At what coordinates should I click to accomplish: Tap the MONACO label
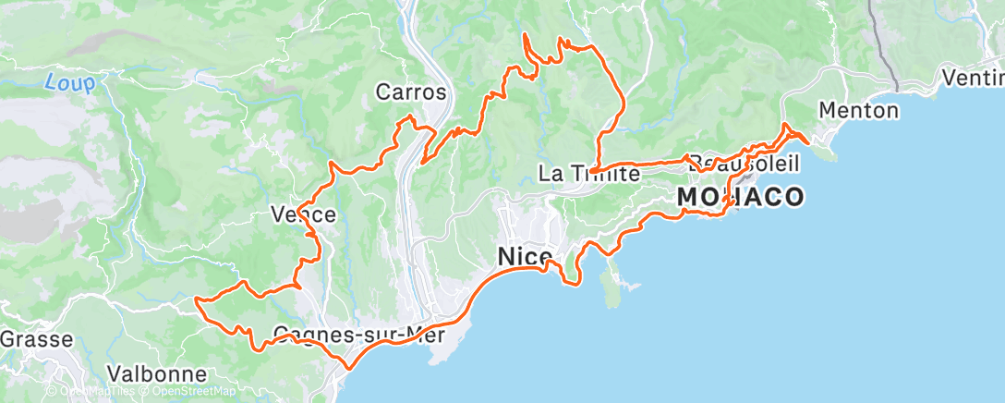(739, 196)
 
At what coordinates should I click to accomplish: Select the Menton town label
(859, 111)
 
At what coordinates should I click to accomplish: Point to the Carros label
(411, 92)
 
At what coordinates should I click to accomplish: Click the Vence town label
(303, 214)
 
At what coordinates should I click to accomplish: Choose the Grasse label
(35, 339)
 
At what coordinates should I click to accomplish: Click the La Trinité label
(589, 173)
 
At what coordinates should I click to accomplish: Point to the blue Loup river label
(69, 83)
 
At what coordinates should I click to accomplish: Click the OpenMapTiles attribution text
(92, 391)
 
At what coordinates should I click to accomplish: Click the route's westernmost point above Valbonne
(197, 299)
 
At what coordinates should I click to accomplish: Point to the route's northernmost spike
(525, 34)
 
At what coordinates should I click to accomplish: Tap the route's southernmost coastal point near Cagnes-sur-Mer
(348, 368)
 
